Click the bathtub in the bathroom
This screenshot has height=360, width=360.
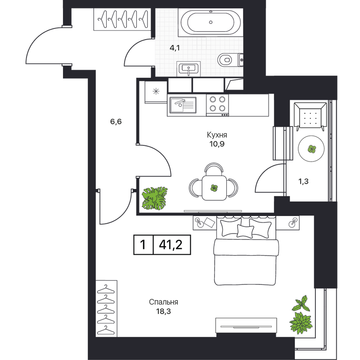[211, 22]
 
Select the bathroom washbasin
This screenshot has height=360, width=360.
[189, 69]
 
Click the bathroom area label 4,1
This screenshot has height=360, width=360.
[175, 48]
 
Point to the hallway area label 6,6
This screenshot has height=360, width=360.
[116, 121]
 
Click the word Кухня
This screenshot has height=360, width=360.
[217, 135]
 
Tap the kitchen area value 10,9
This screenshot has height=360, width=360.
[217, 144]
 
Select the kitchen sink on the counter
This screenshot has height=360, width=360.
[183, 105]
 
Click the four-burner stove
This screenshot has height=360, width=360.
[217, 105]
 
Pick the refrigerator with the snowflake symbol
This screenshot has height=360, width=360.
[156, 92]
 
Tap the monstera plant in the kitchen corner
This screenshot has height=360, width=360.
[154, 198]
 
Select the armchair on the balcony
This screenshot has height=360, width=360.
[310, 117]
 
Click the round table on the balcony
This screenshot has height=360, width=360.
[311, 149]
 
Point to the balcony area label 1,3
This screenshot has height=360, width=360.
[303, 182]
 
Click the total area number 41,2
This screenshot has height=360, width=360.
[171, 245]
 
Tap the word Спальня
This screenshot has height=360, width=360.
[163, 302]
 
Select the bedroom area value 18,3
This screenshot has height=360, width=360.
[163, 311]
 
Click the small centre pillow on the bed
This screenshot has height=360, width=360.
[245, 231]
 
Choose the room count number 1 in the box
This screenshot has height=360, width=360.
[143, 245]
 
